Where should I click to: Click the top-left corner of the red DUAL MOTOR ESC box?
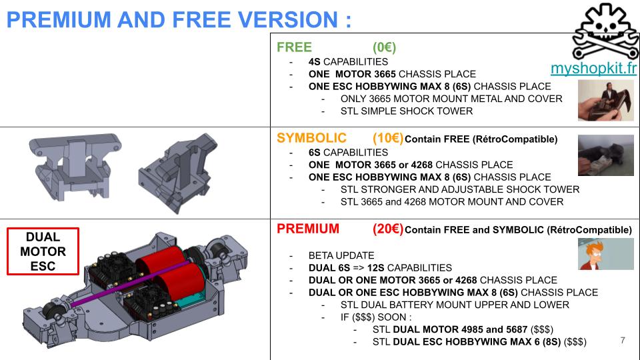pos(7,228)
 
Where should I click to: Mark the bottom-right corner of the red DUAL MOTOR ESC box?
pos(79,274)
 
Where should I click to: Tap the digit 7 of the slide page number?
pos(623,341)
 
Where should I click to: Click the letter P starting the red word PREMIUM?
pos(281,229)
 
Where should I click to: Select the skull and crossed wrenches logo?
pos(606,31)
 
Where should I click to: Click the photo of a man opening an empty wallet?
pos(606,101)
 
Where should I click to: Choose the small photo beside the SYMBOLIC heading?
pos(606,155)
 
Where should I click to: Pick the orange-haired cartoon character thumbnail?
pos(606,254)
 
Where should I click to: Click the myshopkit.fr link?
pos(593,68)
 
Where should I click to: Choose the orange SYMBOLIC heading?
pos(311,138)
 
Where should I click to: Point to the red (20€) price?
pos(388,229)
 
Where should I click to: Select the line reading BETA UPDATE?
pos(341,255)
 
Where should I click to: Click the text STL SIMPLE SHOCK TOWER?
pos(407,111)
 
